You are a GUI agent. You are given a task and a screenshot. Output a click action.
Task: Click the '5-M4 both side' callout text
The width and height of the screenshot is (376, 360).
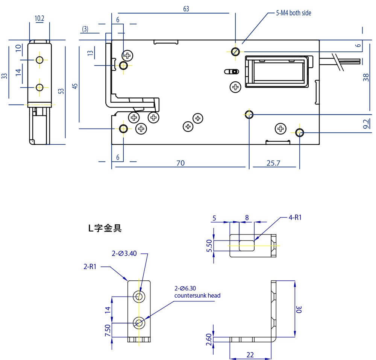click(294, 13)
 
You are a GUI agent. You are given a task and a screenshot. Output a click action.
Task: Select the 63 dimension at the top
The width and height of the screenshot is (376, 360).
click(186, 9)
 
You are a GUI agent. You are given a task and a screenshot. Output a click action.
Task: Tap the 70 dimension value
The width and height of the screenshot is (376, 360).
click(180, 163)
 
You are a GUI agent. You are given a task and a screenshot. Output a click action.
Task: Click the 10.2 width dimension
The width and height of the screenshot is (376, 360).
click(39, 18)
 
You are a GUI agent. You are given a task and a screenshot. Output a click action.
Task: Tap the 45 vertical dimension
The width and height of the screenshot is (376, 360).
click(75, 86)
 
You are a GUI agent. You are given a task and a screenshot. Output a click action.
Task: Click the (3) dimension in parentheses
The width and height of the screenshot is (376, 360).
click(85, 29)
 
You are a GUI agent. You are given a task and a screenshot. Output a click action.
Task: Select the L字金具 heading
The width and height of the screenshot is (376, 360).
click(105, 228)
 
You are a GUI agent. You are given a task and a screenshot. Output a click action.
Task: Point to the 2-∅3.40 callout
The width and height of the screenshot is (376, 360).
click(124, 254)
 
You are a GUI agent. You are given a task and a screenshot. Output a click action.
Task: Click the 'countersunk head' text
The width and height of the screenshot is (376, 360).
click(197, 295)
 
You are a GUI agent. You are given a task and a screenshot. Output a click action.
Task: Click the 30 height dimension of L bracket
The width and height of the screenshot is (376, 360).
click(300, 309)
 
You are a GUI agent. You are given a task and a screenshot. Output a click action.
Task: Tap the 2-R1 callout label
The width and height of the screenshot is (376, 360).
click(90, 267)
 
